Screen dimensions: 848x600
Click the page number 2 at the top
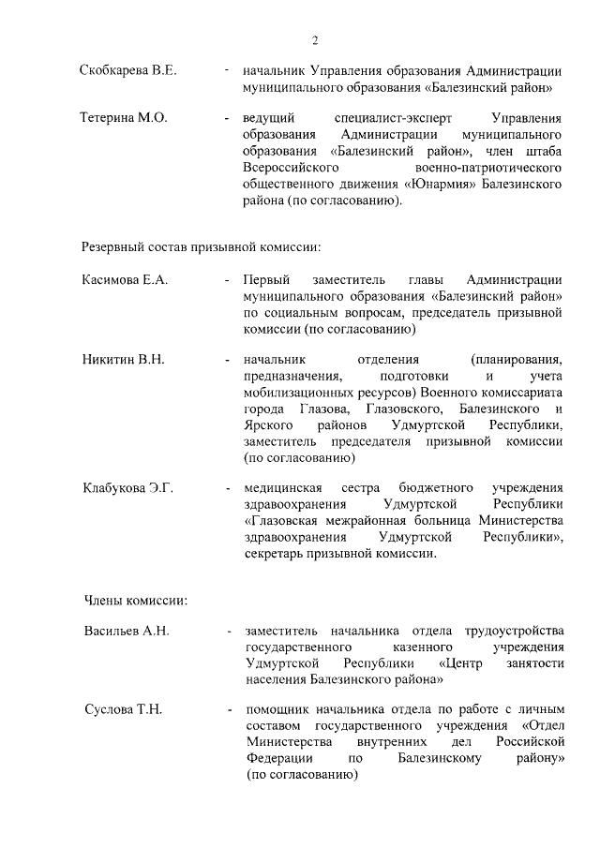pyautogui.click(x=315, y=39)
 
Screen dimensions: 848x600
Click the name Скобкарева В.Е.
pyautogui.click(x=128, y=71)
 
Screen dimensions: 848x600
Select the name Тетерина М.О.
pyautogui.click(x=124, y=119)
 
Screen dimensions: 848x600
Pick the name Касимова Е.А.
pyautogui.click(x=125, y=280)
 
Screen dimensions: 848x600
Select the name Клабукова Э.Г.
pyautogui.click(x=128, y=488)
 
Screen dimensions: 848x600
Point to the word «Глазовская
pyautogui.click(x=288, y=522)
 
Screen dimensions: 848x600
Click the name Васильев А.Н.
pyautogui.click(x=127, y=631)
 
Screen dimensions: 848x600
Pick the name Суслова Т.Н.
pyautogui.click(x=124, y=709)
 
